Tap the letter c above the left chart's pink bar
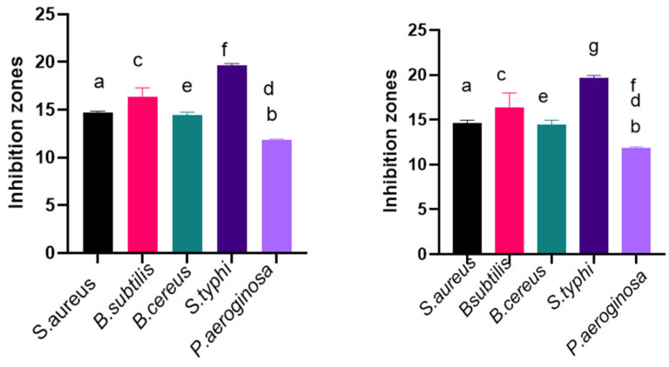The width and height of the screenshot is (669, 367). tap(138, 61)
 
